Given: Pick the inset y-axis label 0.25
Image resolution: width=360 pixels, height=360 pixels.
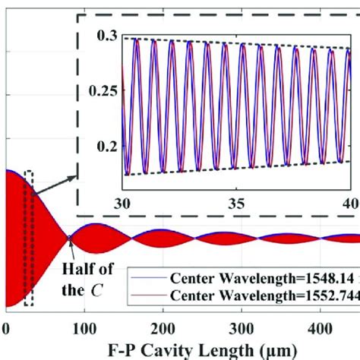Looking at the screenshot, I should [106, 90].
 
